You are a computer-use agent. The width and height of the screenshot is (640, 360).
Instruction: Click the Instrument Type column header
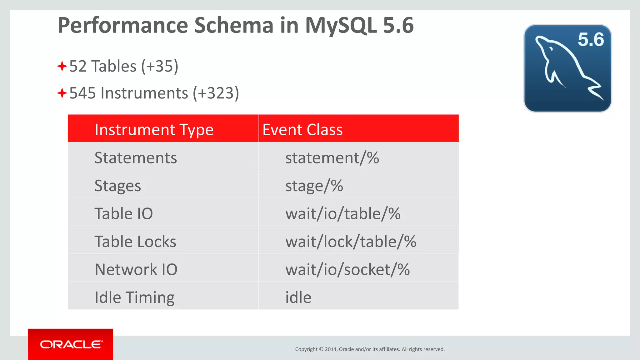pyautogui.click(x=154, y=129)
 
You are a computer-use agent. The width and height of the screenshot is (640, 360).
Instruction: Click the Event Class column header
pyautogui.click(x=302, y=129)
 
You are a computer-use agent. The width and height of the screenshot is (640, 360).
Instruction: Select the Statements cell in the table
pyautogui.click(x=136, y=157)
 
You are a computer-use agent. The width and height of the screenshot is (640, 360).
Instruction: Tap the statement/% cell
pyautogui.click(x=332, y=157)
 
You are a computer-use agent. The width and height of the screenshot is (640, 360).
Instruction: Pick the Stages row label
pyautogui.click(x=118, y=186)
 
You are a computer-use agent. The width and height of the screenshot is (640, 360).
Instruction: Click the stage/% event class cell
pyautogui.click(x=314, y=186)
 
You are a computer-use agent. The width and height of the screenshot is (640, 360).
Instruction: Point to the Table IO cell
pyautogui.click(x=124, y=214)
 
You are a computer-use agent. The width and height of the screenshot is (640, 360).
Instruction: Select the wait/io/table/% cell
pyautogui.click(x=342, y=214)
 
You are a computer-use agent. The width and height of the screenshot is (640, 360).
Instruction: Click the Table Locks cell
pyautogui.click(x=135, y=242)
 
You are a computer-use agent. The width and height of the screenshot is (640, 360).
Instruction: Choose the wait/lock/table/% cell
pyautogui.click(x=350, y=242)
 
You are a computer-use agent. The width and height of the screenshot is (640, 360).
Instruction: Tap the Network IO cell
pyautogui.click(x=136, y=269)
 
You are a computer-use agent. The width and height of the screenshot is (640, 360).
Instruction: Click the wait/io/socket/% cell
pyautogui.click(x=347, y=269)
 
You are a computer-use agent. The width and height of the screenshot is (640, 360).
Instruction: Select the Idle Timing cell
pyautogui.click(x=134, y=297)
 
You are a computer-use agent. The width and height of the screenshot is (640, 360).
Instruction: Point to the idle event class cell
pyautogui.click(x=298, y=297)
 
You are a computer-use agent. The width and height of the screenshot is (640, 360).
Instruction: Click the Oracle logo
pyautogui.click(x=71, y=344)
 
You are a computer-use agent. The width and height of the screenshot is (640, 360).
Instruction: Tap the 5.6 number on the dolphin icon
pyautogui.click(x=590, y=40)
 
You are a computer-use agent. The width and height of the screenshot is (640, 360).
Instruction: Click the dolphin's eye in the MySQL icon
pyautogui.click(x=551, y=49)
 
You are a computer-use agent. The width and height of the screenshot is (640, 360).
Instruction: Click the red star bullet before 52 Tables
pyautogui.click(x=62, y=66)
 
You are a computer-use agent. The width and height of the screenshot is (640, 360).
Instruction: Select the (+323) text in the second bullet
pyautogui.click(x=216, y=93)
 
